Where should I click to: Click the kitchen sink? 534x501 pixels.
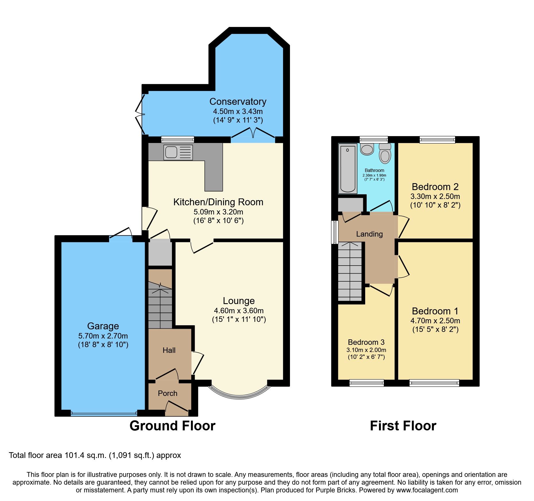(x=178, y=152)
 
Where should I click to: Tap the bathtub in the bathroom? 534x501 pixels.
(x=348, y=169)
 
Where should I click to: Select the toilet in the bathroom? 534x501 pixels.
(x=385, y=154)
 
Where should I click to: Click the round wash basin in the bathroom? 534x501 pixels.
(x=367, y=149)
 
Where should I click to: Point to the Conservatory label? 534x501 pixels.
(x=238, y=102)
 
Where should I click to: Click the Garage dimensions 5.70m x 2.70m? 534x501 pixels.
(x=103, y=336)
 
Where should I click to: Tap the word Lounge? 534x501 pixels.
(x=239, y=301)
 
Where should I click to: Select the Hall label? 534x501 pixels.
(x=169, y=350)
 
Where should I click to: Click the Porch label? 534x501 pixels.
(x=167, y=393)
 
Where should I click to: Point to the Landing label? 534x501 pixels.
(x=369, y=234)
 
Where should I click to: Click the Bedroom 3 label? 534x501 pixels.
(x=366, y=342)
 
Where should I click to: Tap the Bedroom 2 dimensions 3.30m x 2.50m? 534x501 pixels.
(x=435, y=197)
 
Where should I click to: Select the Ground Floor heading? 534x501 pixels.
(x=172, y=426)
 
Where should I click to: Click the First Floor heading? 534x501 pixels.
(x=403, y=426)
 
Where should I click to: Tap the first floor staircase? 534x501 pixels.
(x=350, y=271)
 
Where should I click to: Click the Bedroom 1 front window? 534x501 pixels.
(x=434, y=383)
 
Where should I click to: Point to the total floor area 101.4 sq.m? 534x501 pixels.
(x=95, y=455)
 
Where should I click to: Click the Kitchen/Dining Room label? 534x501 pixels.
(x=218, y=202)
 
